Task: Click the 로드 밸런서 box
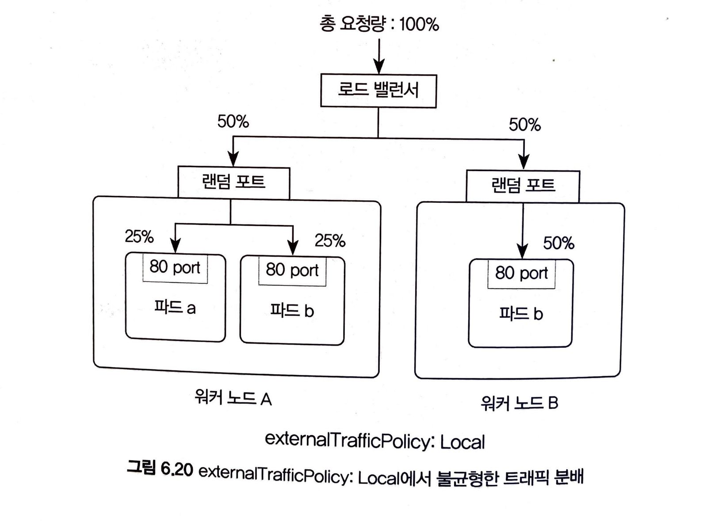[x=378, y=91]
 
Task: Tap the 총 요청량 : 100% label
[x=379, y=24]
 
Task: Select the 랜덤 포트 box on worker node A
[x=233, y=182]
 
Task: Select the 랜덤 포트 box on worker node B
[x=523, y=186]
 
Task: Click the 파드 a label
[x=175, y=307]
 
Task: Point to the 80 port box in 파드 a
[x=175, y=268]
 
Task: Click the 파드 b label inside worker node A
[x=292, y=311]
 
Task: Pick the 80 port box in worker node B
[x=521, y=274]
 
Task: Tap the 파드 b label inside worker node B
[x=521, y=314]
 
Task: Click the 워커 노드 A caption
[x=233, y=399]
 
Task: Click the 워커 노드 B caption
[x=520, y=403]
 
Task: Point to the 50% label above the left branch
[x=233, y=122]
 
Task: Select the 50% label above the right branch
[x=524, y=125]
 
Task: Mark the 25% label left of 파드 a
[x=139, y=237]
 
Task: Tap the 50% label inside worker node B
[x=558, y=243]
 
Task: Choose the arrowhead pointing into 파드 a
[x=176, y=246]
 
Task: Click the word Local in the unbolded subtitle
[x=462, y=442]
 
